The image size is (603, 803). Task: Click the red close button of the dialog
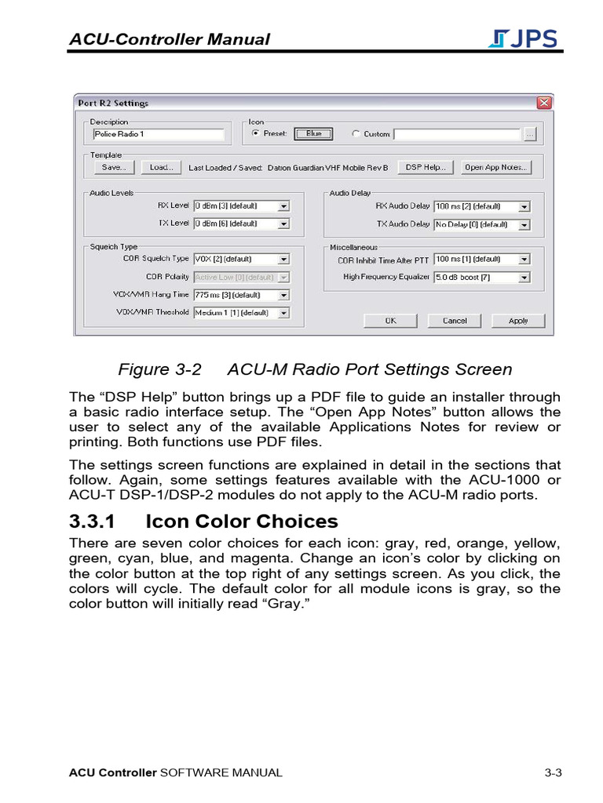click(x=543, y=103)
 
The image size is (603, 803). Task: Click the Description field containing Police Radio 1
click(x=158, y=134)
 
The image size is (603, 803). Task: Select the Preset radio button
click(x=255, y=134)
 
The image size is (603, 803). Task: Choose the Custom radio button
click(x=356, y=134)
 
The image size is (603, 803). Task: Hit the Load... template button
click(x=162, y=167)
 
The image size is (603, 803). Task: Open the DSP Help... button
click(x=426, y=167)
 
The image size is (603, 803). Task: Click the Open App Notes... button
click(x=495, y=167)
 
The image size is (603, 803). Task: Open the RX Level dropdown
click(x=241, y=206)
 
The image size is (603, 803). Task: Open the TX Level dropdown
click(x=241, y=223)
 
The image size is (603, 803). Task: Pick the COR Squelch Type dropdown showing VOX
click(x=241, y=259)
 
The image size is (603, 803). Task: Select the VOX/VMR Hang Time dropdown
click(x=241, y=295)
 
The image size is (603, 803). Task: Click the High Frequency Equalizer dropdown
click(x=482, y=277)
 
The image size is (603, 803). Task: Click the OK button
click(x=390, y=321)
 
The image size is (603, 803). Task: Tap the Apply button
click(x=518, y=321)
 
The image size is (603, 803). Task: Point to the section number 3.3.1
click(x=93, y=521)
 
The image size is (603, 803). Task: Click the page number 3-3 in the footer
click(x=554, y=772)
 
